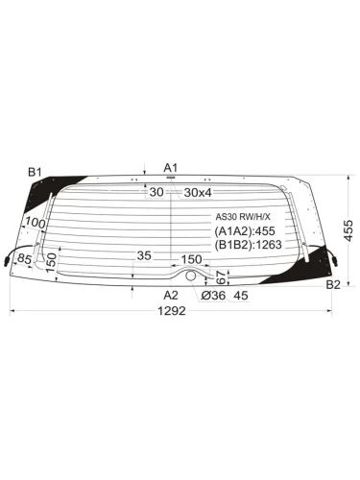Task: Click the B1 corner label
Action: pos(36,172)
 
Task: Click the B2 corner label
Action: pos(332,285)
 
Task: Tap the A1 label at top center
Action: pos(171,168)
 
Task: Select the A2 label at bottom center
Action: pos(171,295)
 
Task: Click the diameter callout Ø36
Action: pos(213,296)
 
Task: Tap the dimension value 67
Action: pos(220,276)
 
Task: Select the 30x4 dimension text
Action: pos(200,192)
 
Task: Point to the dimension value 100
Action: pos(36,224)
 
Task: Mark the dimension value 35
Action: pos(144,256)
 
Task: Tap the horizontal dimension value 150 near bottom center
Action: pos(191,259)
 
